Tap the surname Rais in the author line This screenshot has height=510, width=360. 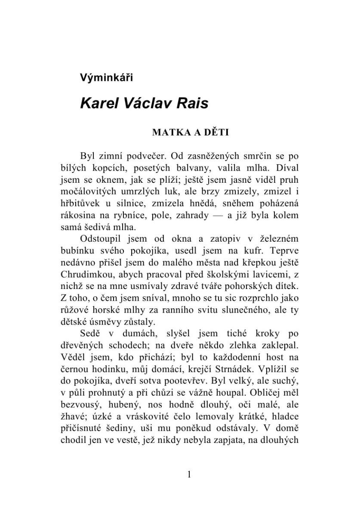tap(192, 104)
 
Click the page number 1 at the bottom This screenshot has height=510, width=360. tap(189, 474)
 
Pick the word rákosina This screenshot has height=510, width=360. tap(78, 215)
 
